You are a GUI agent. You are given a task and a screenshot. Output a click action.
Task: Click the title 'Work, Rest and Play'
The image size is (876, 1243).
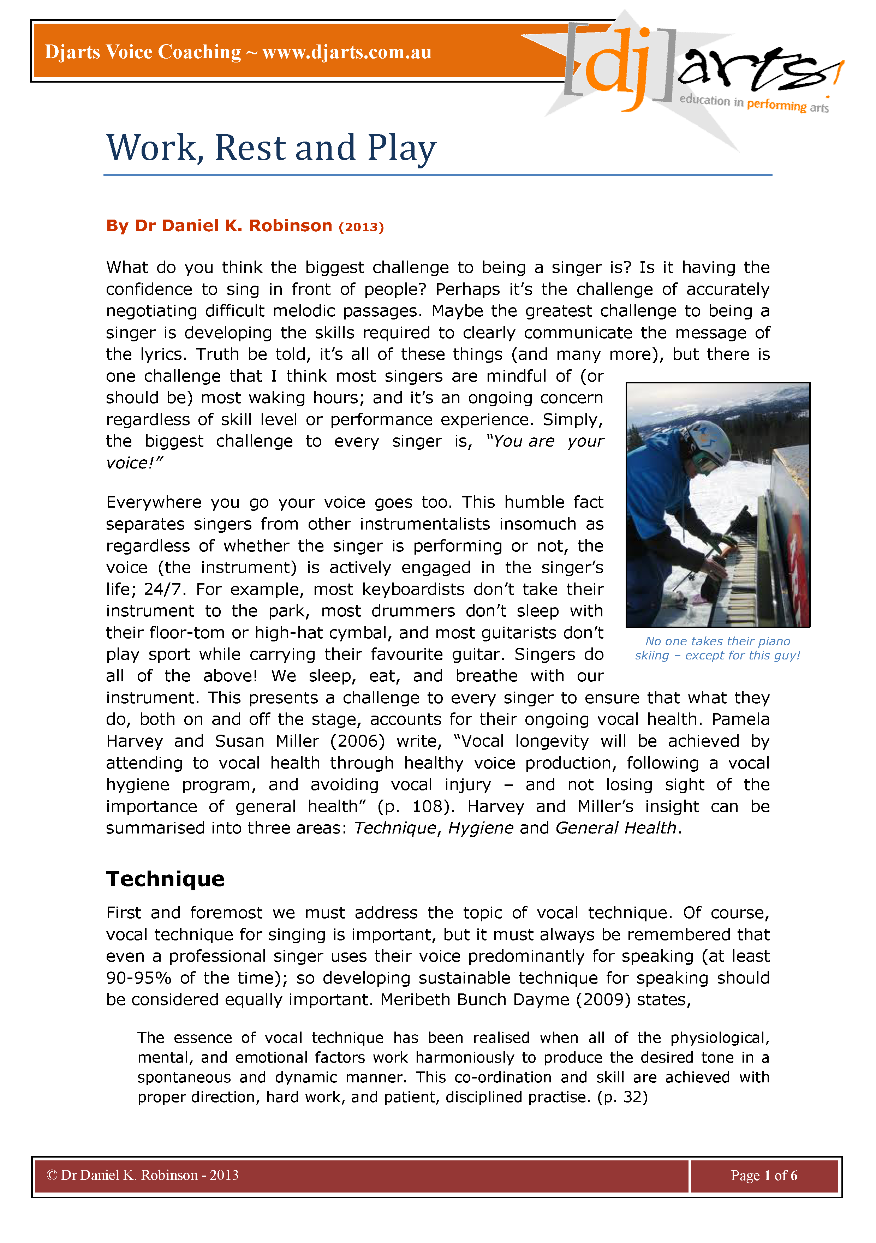271,148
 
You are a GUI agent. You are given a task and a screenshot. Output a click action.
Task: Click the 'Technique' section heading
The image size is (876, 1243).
165,879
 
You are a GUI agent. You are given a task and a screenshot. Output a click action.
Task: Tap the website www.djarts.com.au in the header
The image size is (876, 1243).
346,53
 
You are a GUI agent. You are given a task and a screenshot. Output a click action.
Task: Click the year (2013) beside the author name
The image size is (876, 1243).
361,227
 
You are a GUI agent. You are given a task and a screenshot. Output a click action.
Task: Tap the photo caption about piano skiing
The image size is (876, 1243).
717,648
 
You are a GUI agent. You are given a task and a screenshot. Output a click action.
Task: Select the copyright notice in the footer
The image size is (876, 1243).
142,1175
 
